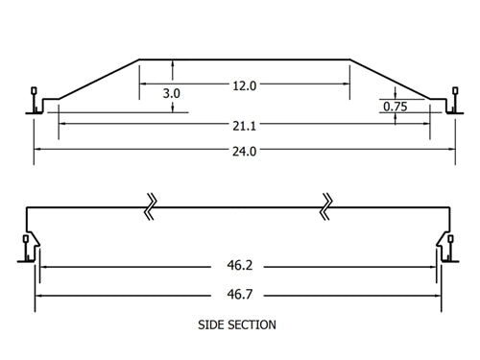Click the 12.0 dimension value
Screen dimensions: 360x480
pos(245,86)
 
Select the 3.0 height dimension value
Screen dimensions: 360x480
pos(172,93)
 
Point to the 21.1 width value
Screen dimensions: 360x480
pos(245,125)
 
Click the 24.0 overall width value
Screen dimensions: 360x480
pos(245,151)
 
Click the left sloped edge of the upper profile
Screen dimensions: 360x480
pos(101,78)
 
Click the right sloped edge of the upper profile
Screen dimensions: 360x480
pos(389,78)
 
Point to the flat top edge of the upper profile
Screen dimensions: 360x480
pos(245,60)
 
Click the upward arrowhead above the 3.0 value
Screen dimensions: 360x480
pos(172,64)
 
